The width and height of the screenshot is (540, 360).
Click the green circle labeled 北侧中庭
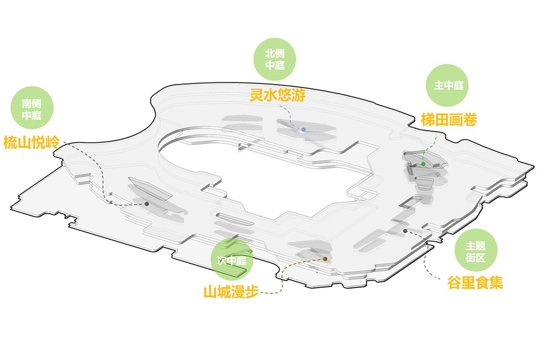275,59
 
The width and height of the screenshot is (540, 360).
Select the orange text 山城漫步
231,292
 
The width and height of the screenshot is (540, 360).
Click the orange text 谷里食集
475,282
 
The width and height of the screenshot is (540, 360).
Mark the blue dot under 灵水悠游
304,130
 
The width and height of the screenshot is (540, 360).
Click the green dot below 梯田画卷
424,164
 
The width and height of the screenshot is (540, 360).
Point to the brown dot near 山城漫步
325,259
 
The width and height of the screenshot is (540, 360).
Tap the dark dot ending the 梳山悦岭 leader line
146,204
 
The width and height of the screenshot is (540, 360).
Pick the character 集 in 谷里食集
496,282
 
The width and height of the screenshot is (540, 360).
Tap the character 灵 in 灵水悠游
256,95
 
